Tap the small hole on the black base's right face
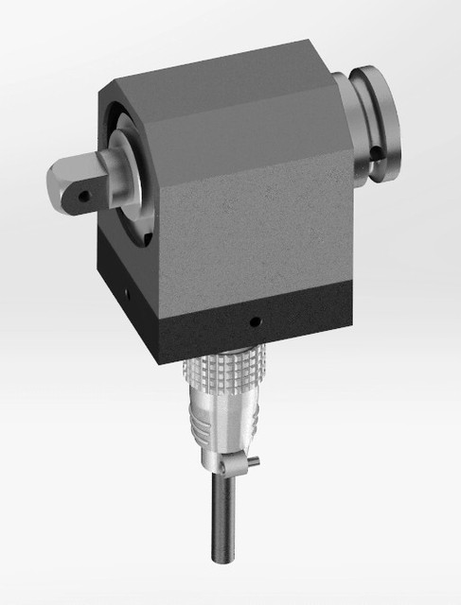click(x=253, y=324)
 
